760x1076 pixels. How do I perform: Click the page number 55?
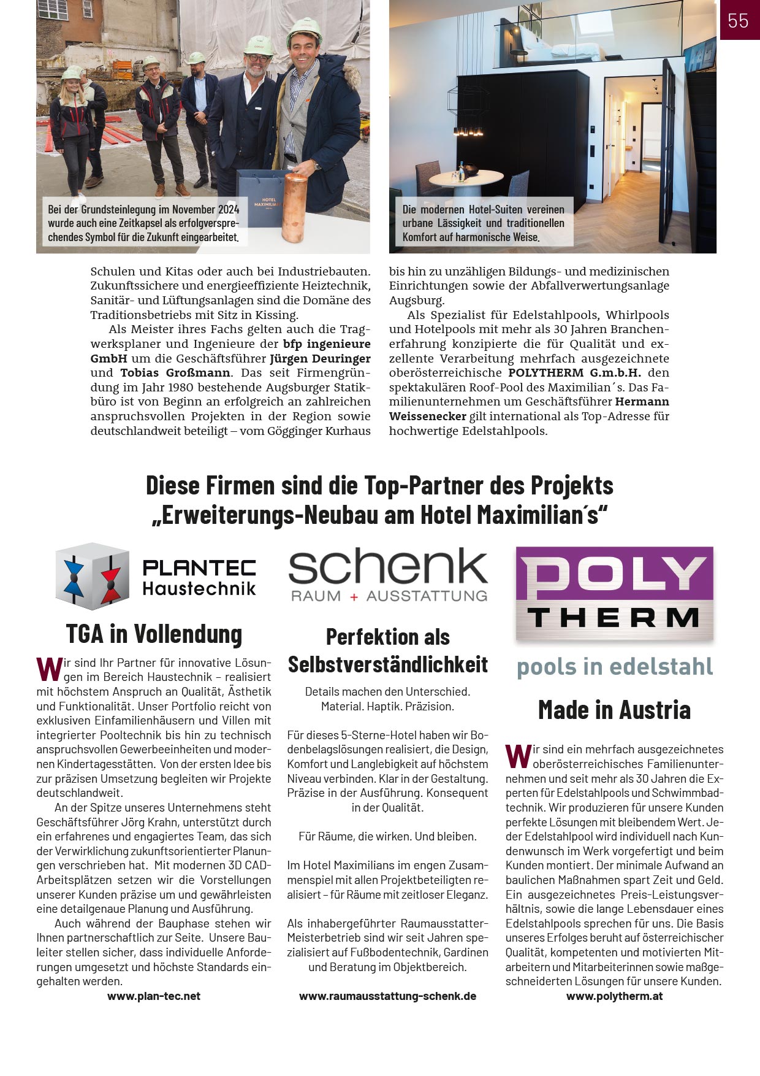click(738, 21)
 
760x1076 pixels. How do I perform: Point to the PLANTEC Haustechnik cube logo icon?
click(93, 576)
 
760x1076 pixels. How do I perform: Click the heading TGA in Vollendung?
click(154, 634)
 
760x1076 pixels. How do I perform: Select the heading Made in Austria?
click(614, 710)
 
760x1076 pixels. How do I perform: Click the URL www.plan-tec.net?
click(154, 996)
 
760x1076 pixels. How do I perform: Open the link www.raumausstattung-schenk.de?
click(387, 996)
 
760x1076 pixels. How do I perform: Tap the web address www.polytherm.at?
click(614, 996)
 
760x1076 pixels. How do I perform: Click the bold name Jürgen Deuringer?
click(320, 358)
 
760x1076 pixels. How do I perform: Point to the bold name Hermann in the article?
click(642, 402)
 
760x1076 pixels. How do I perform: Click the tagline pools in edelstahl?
click(615, 667)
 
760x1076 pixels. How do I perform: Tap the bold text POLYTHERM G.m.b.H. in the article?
click(574, 373)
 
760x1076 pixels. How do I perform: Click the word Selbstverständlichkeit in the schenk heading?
click(388, 664)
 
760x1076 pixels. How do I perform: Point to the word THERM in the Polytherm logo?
click(614, 618)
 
